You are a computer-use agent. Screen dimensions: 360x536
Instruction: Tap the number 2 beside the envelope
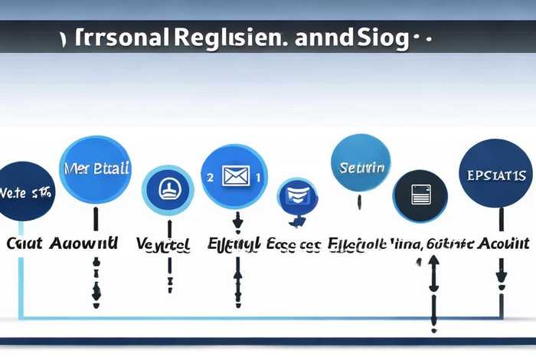[x=209, y=176]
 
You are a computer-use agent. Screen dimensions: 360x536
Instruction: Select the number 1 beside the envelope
[x=259, y=177]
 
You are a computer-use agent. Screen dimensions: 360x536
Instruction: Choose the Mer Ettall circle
[x=95, y=169]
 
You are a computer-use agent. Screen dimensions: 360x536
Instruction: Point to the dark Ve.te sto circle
[x=25, y=191]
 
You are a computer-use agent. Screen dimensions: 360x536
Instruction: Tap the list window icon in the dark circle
[x=420, y=196]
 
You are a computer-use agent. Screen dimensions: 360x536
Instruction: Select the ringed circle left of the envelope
[x=168, y=188]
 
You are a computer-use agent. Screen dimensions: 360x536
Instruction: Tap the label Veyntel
[x=163, y=245]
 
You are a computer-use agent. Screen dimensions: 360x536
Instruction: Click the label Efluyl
[x=234, y=245]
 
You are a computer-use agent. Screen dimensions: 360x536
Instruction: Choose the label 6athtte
[x=444, y=244]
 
